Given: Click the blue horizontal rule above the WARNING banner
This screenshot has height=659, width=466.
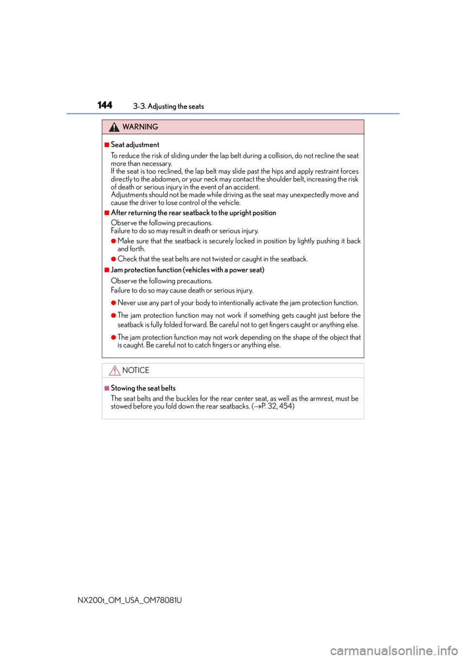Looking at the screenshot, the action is coord(233,114).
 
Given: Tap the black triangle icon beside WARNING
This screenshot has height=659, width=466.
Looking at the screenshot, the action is coord(114,127).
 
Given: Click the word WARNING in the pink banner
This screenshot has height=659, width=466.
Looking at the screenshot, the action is coord(140,127).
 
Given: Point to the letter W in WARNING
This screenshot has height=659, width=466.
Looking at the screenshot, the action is coord(126,127).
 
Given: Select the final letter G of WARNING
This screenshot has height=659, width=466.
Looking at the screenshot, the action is coord(155,127).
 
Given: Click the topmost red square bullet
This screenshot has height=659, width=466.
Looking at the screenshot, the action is coord(107,145).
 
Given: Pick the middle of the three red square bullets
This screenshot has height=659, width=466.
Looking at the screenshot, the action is coord(107,213).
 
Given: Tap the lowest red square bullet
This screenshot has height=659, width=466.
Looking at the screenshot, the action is coord(107,270).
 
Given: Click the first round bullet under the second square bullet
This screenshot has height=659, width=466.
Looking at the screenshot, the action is coord(114,241).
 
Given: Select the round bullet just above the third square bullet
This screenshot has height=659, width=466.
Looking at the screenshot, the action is coord(114,259).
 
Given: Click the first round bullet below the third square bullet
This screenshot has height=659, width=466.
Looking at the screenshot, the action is coord(114,303).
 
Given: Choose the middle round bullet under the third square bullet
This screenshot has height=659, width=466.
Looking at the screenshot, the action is coord(114,315).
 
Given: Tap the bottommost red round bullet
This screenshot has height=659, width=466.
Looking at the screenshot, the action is coord(114,337).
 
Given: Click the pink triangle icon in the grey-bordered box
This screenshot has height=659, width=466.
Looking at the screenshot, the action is coord(115,371).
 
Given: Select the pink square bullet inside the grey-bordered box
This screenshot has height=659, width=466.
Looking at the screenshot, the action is coord(107,388).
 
